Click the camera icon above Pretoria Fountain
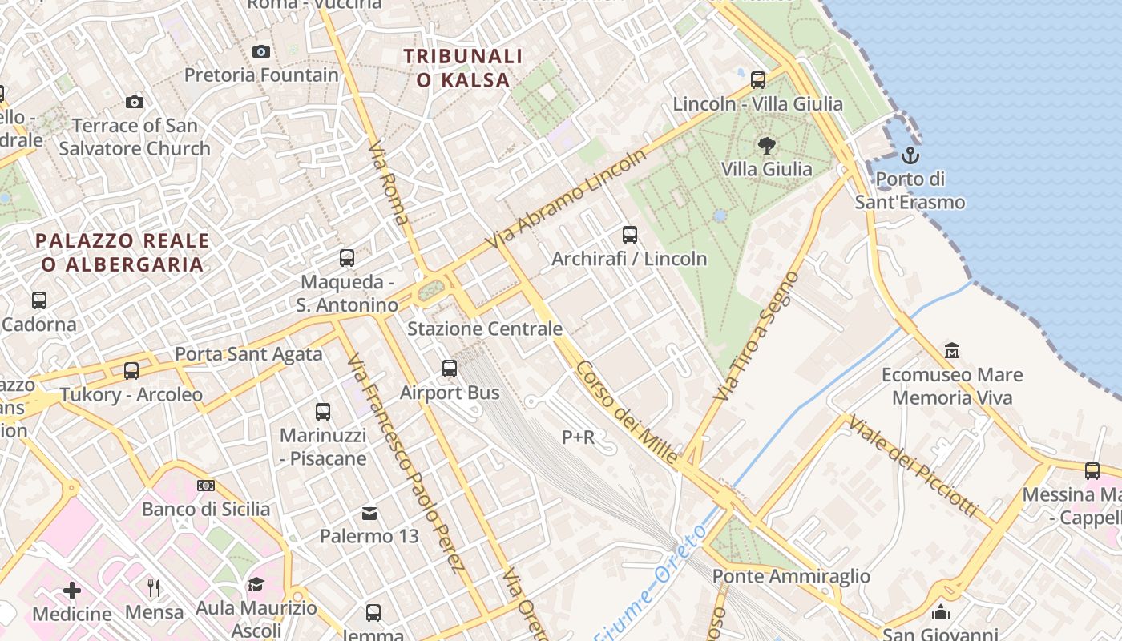pos(261,52)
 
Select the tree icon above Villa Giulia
pos(766,146)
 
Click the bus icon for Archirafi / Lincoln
pos(630,235)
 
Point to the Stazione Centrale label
pos(485,329)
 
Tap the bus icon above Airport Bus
pos(450,369)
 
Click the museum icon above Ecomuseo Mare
pos(951,351)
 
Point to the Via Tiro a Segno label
pos(757,337)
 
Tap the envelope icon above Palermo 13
pos(369,513)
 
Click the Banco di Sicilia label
pos(206,509)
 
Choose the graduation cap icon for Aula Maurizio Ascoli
pos(256,584)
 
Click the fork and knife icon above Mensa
pos(154,588)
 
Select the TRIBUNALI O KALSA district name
pos(463,68)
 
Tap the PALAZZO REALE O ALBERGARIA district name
pos(123,252)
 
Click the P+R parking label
pos(578,437)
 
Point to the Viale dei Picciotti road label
pos(914,466)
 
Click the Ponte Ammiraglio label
pos(791,576)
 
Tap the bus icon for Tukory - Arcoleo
pos(131,371)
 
